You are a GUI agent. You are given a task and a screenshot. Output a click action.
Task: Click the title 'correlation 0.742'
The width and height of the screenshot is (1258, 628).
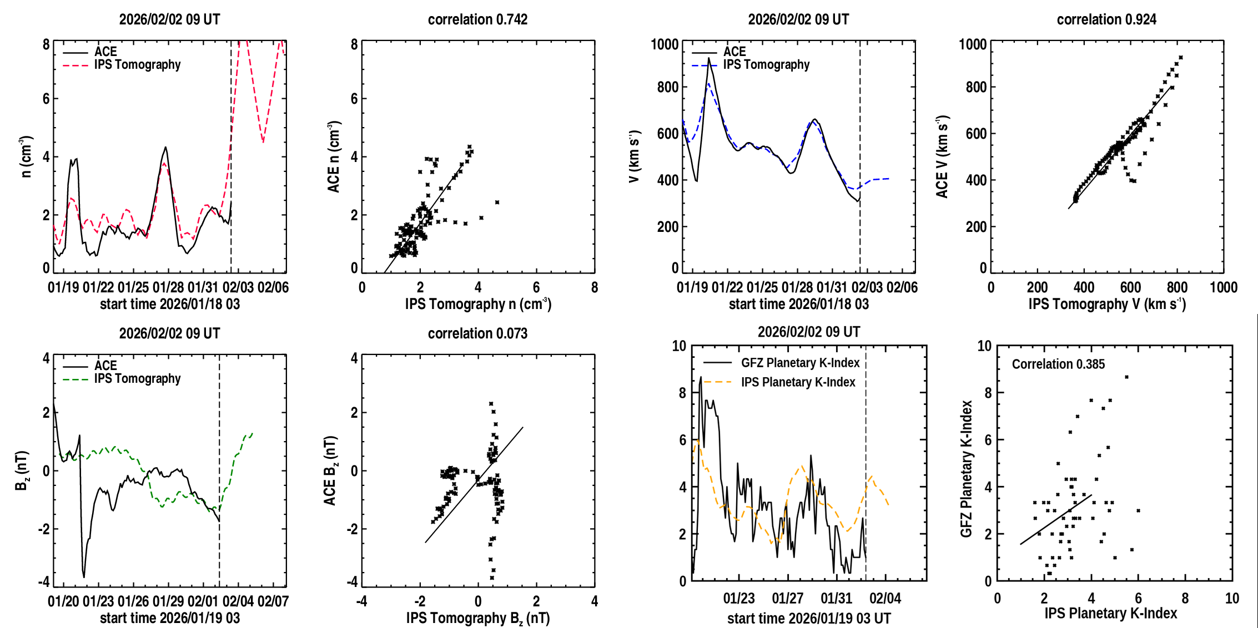[477, 19]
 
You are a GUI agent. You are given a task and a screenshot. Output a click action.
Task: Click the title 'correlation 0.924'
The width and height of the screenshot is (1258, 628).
[1106, 19]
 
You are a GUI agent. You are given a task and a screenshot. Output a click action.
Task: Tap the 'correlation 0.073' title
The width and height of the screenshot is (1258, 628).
[477, 333]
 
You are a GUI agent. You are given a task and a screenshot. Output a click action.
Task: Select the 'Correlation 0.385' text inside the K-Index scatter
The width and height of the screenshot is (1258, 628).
[1058, 364]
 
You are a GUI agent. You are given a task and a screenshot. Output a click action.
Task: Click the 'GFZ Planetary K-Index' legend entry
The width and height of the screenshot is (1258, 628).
[800, 363]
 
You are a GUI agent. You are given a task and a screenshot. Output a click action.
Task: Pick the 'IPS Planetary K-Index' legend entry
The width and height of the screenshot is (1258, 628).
[798, 382]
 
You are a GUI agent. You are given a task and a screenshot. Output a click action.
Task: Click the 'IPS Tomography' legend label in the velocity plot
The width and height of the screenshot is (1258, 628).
[766, 65]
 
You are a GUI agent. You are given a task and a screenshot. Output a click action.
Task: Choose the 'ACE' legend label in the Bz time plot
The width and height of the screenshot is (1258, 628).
[105, 366]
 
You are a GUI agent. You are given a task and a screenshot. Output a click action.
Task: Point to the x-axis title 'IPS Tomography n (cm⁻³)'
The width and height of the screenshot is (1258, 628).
[478, 304]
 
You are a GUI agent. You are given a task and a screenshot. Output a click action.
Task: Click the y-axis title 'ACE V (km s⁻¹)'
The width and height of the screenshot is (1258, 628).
[942, 156]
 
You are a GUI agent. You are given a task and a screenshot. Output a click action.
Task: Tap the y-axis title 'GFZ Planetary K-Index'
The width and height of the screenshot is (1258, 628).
[967, 469]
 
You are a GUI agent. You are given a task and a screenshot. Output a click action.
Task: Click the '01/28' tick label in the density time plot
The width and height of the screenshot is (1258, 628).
[168, 287]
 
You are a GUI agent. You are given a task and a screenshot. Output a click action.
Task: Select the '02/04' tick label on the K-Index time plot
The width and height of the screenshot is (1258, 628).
[885, 599]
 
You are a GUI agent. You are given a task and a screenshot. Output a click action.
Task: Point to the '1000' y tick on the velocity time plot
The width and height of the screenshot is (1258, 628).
[665, 44]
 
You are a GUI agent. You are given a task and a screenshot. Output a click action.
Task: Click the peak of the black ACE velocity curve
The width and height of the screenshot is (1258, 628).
[708, 58]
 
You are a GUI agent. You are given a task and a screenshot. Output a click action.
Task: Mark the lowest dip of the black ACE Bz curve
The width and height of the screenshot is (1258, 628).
[84, 577]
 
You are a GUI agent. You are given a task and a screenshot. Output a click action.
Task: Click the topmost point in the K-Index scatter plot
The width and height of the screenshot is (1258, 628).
[1126, 377]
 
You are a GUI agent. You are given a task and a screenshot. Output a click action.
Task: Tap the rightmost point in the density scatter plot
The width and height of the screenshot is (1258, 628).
[497, 202]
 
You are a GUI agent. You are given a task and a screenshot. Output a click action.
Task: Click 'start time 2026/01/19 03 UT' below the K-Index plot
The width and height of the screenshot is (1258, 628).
[809, 619]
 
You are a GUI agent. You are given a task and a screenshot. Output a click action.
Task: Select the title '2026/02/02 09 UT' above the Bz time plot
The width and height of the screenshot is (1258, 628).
[169, 333]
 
